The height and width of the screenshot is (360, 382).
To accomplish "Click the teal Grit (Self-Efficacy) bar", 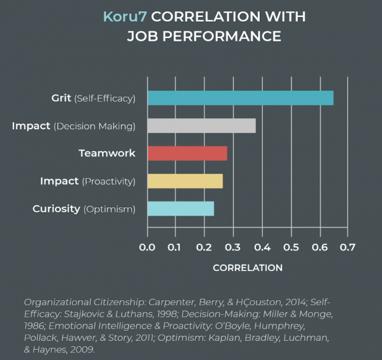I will coord(240,98).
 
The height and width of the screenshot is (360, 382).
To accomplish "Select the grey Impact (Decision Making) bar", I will coord(201,126).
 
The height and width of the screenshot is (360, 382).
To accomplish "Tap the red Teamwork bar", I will coord(187,153).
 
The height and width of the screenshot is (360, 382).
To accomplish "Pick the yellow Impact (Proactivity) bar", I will coord(185,181).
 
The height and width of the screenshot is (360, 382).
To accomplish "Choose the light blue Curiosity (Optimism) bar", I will coord(180,209).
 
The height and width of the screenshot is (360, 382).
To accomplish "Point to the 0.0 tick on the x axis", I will coord(147,247).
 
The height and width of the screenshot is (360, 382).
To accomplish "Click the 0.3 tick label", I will coord(233,247).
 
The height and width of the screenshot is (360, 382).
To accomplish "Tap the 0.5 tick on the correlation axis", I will coord(290,247).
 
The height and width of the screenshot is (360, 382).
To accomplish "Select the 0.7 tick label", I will coord(347,247).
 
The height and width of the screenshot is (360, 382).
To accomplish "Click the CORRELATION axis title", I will coord(247,268).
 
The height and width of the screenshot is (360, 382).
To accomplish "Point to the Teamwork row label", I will coord(107,153).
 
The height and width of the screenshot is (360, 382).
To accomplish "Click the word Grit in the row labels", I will coord(61,98).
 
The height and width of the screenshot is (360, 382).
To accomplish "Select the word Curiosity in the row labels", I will coord(56,209).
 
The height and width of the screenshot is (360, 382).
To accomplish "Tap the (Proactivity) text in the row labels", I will coord(109,181).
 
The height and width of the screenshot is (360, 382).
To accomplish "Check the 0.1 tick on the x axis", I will coord(176,247).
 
